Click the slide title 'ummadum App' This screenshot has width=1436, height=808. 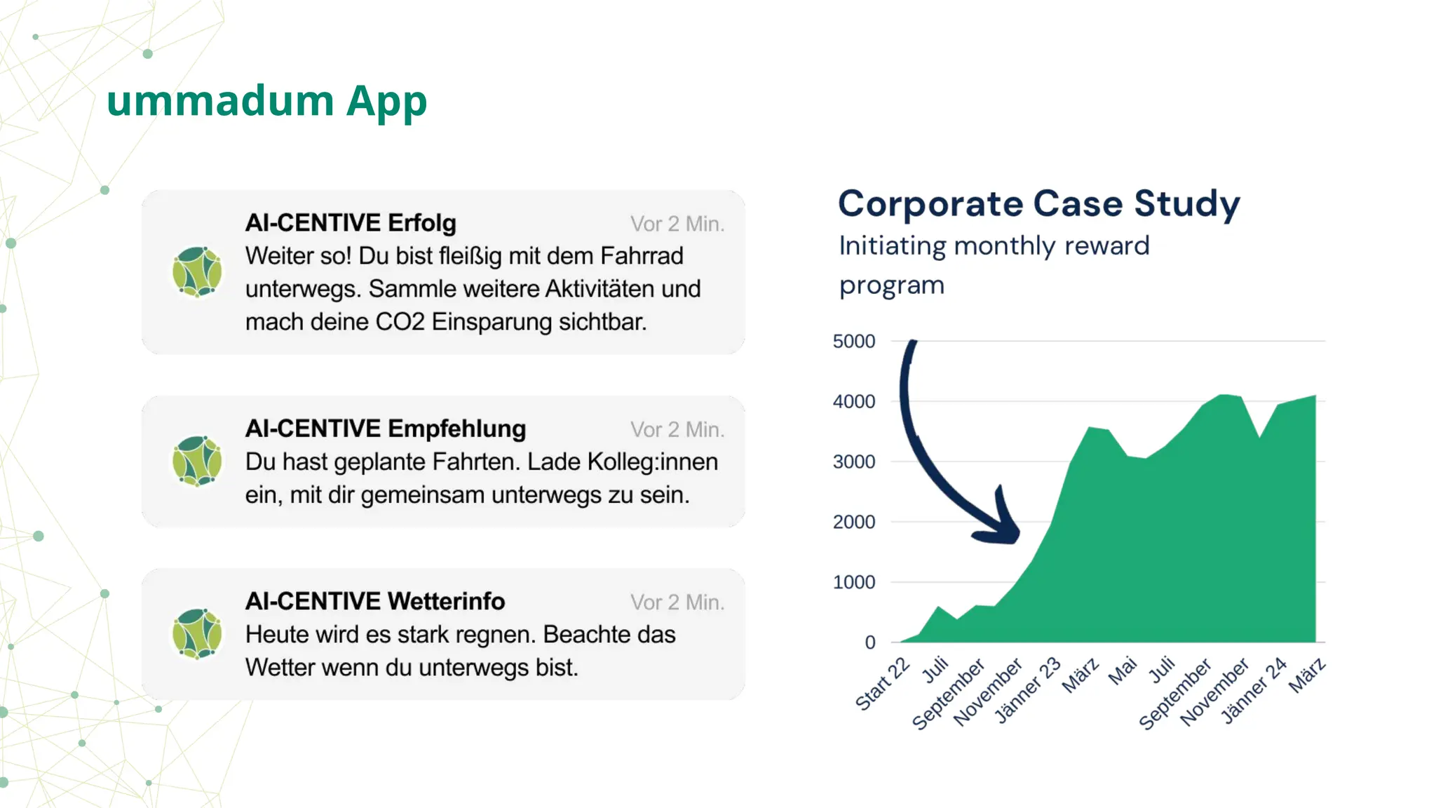pyautogui.click(x=266, y=100)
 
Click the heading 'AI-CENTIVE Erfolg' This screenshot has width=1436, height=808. pyautogui.click(x=351, y=223)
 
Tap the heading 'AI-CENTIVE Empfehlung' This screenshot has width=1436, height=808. pyautogui.click(x=385, y=429)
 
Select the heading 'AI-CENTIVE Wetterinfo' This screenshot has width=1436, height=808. pyautogui.click(x=374, y=601)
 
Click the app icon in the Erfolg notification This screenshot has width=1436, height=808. pyautogui.click(x=197, y=272)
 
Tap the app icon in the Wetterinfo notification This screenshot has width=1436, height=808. pyautogui.click(x=197, y=634)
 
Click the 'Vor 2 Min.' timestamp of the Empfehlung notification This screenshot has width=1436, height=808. pyautogui.click(x=677, y=429)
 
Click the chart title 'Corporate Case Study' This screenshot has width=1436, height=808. pyautogui.click(x=1038, y=204)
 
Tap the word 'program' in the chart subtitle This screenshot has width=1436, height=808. pyautogui.click(x=891, y=285)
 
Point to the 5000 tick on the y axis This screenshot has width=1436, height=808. pyautogui.click(x=853, y=342)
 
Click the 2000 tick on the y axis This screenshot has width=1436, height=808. pyautogui.click(x=853, y=522)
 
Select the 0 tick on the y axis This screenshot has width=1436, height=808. pyautogui.click(x=869, y=642)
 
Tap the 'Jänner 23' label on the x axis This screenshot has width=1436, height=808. pyautogui.click(x=1028, y=691)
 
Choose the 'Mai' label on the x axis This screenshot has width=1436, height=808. pyautogui.click(x=1122, y=671)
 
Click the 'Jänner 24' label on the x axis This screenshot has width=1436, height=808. pyautogui.click(x=1254, y=691)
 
